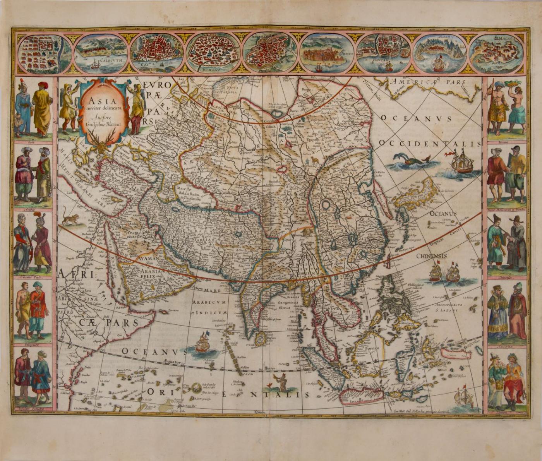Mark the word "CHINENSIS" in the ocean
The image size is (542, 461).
(x=431, y=256)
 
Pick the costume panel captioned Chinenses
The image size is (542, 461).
(x=506, y=244)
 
